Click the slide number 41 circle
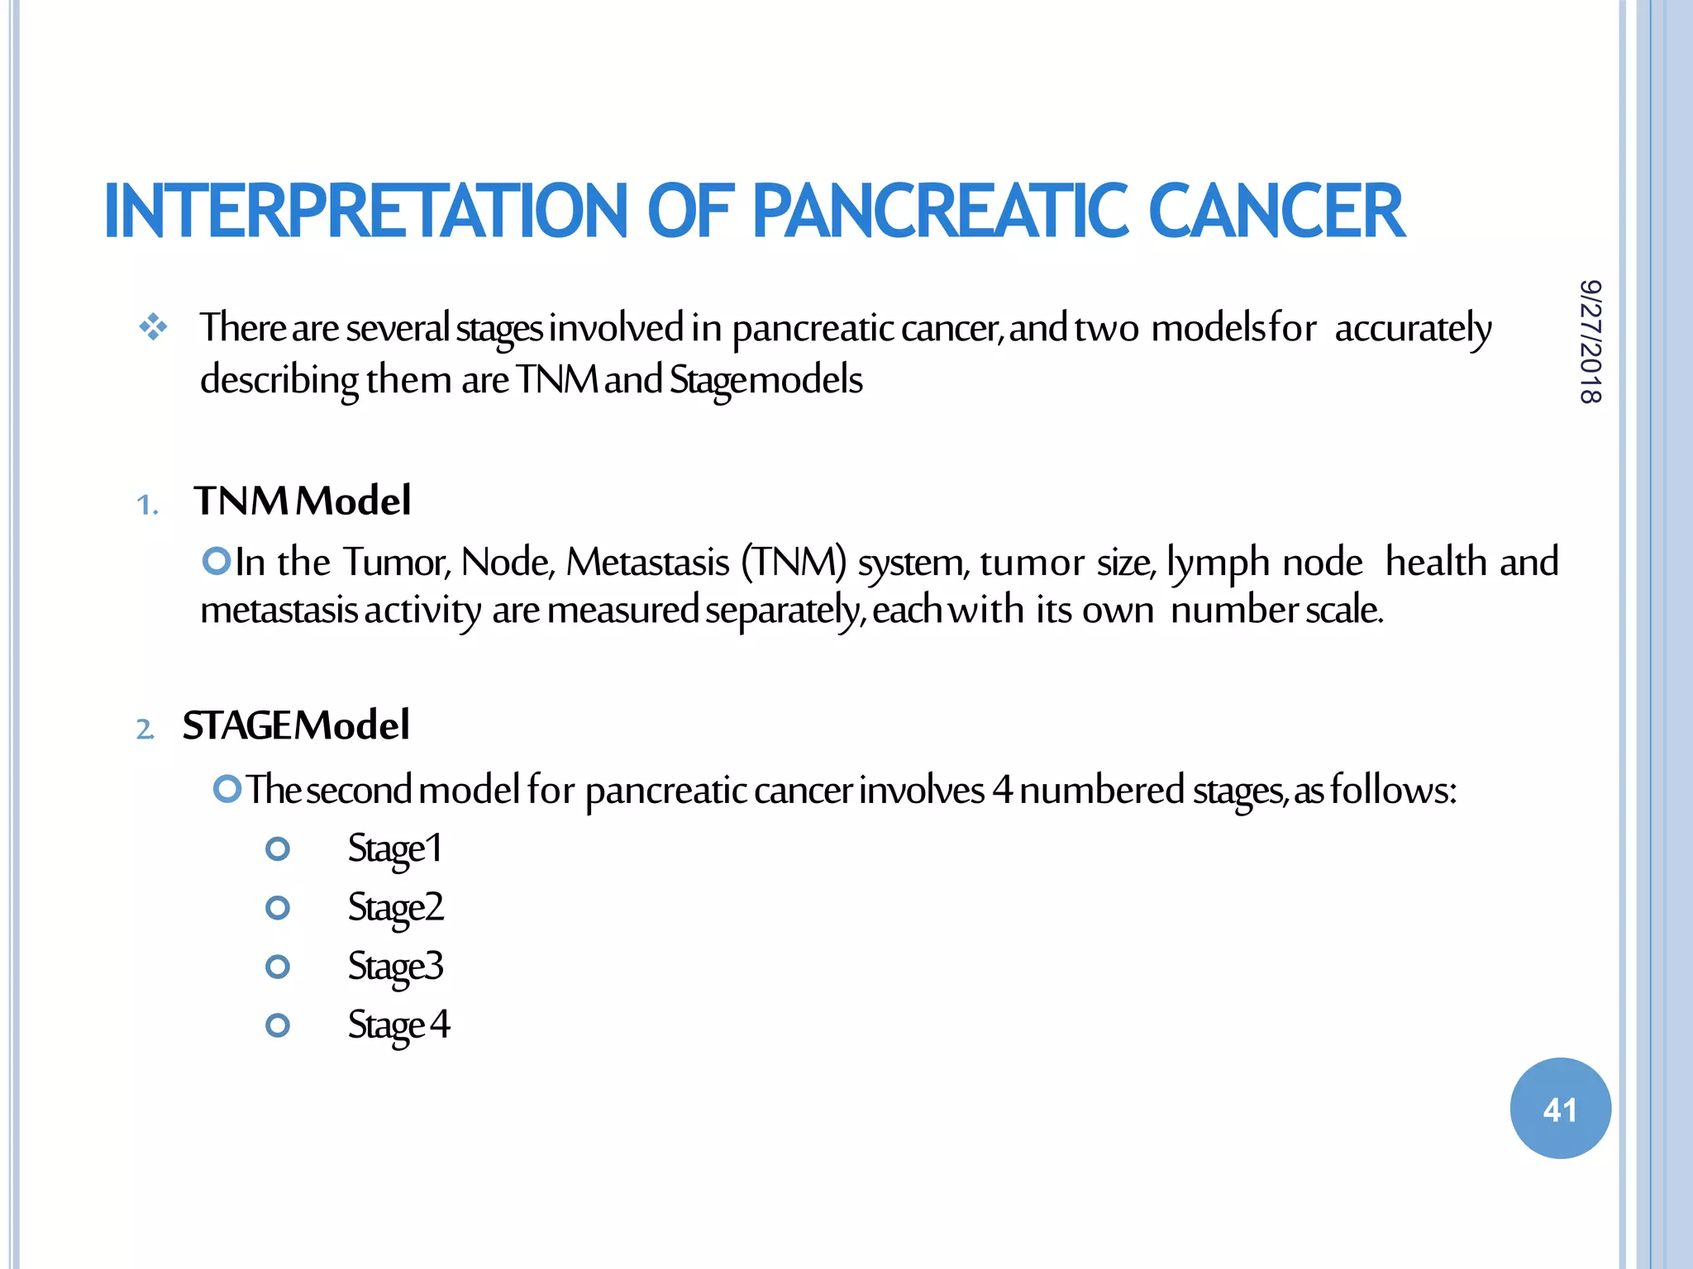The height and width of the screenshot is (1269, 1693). (x=1560, y=1108)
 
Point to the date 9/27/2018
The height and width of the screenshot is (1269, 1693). (x=1590, y=341)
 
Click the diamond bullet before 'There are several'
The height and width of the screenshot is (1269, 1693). (x=154, y=328)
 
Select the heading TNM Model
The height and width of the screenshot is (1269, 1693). (x=302, y=501)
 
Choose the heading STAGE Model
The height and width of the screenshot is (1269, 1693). (x=295, y=725)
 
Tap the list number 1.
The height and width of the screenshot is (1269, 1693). (x=147, y=504)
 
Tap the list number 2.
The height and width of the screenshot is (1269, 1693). (x=145, y=730)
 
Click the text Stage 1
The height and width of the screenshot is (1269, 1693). (x=394, y=848)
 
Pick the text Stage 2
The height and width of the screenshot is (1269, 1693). (x=395, y=907)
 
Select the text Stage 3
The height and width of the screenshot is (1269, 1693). (x=395, y=966)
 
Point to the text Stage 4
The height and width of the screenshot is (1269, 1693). (x=398, y=1024)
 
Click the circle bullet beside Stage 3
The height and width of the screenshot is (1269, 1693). (x=278, y=967)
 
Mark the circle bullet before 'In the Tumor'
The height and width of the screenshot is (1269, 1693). (x=217, y=562)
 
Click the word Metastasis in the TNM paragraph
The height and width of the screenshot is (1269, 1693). (x=647, y=563)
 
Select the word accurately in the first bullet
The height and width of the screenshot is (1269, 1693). (x=1413, y=329)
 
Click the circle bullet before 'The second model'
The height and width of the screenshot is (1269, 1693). (x=227, y=789)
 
